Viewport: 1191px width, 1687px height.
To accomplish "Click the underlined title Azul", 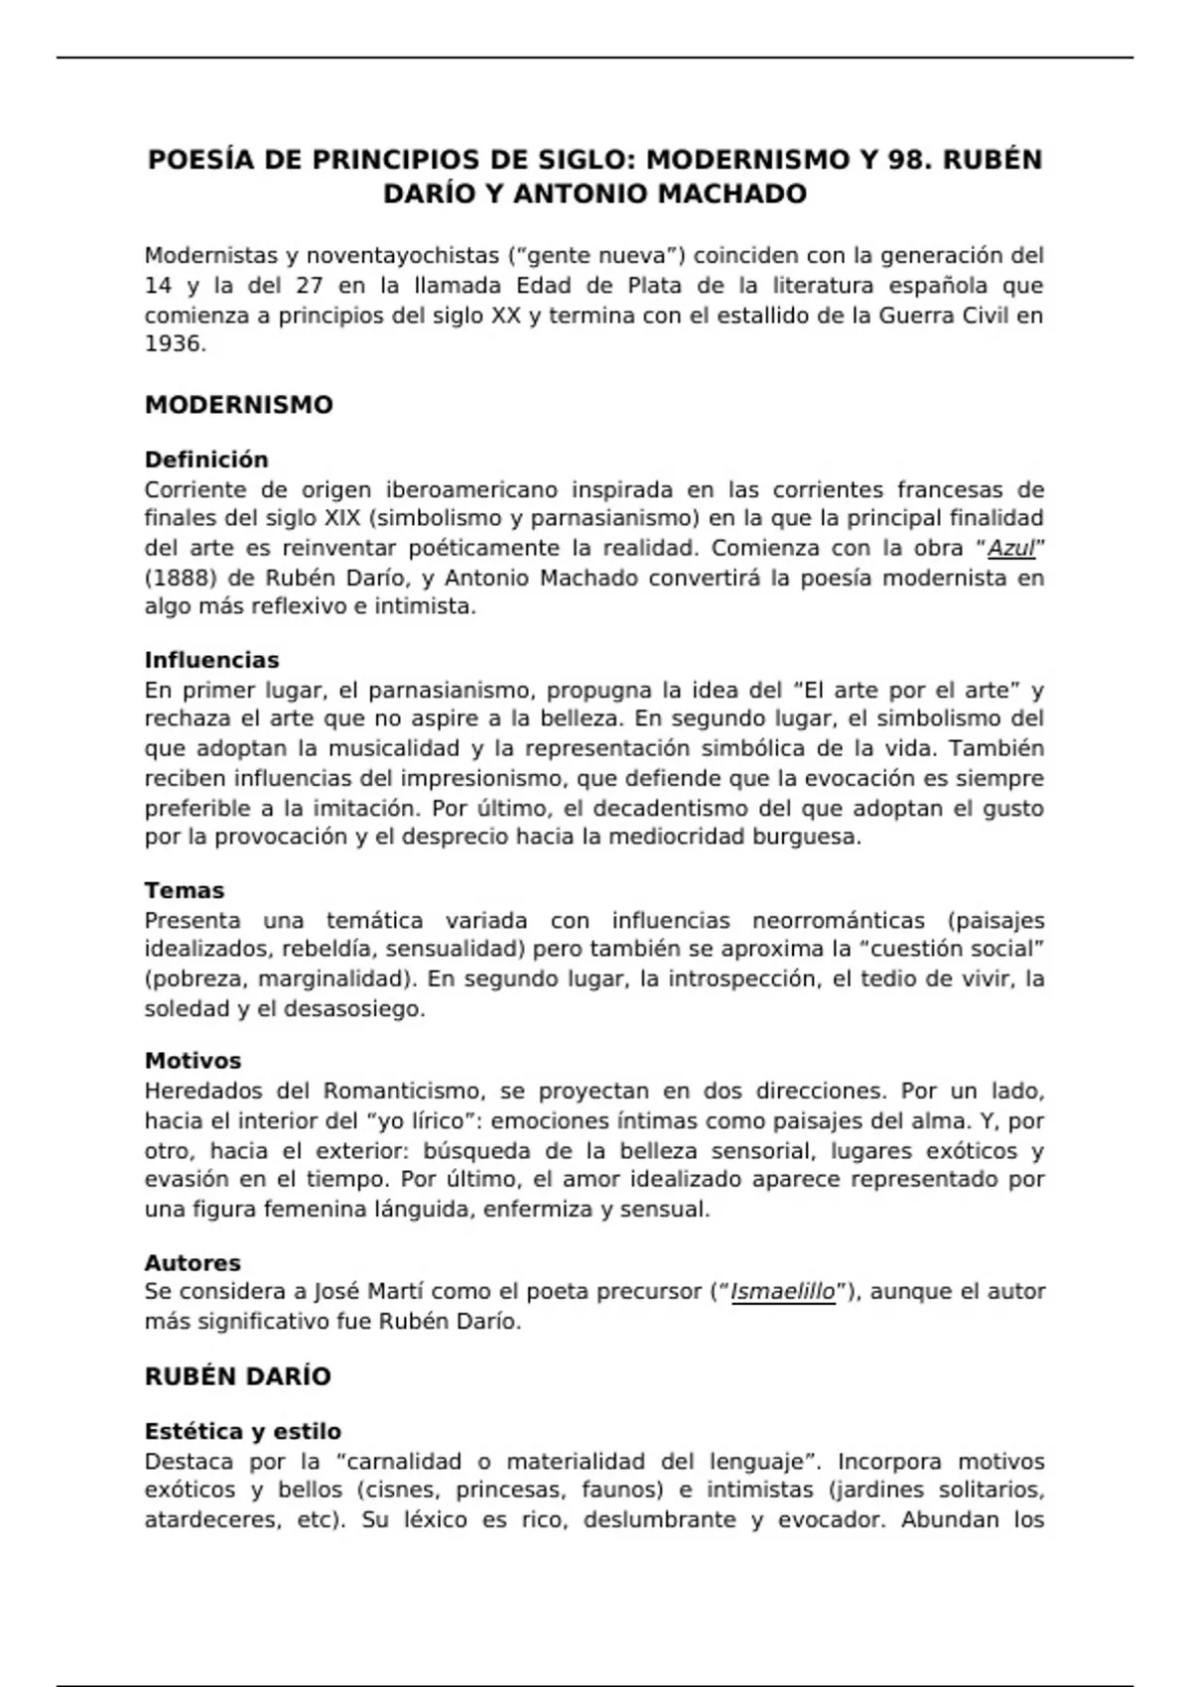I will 1011,548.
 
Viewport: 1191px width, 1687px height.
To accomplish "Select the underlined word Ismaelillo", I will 782,1292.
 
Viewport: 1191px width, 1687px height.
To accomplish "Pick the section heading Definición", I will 206,459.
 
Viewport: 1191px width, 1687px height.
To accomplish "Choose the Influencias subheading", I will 211,660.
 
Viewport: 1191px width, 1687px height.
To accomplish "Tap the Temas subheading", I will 184,890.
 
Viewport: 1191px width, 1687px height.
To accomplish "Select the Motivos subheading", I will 193,1061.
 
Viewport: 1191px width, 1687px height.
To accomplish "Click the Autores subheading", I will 193,1263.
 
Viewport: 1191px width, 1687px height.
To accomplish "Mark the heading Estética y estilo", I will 242,1431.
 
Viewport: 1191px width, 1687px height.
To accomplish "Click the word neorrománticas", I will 838,920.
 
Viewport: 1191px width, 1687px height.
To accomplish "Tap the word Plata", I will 654,286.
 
